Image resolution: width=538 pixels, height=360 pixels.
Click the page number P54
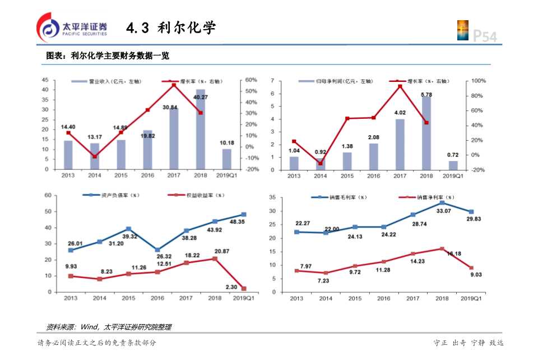point(485,36)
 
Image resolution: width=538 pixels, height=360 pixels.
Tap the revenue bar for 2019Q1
point(226,159)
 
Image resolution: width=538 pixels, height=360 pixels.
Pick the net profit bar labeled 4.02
point(400,144)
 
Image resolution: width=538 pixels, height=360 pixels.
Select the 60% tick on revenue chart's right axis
point(251,80)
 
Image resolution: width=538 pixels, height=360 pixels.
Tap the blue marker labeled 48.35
point(243,214)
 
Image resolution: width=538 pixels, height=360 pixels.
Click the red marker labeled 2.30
point(243,289)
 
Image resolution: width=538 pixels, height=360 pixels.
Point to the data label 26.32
point(157,257)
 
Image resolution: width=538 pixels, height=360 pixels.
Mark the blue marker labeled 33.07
point(442,202)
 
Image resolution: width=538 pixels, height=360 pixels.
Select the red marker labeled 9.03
point(471,268)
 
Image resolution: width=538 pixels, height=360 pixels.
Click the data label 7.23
point(325,280)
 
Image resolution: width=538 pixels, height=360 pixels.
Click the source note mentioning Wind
point(109,327)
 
